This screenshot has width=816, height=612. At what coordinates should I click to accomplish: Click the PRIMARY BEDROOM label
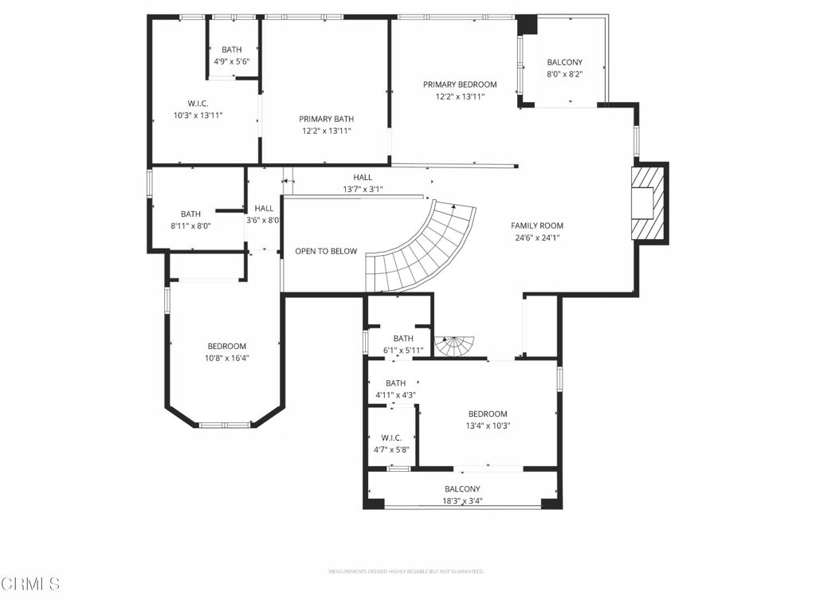460,84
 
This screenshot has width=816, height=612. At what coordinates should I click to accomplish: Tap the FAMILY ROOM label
537,226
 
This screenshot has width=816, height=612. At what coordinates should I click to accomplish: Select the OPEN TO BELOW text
326,251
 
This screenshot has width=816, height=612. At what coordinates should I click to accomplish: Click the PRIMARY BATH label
326,119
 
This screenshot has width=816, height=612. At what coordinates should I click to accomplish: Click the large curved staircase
422,247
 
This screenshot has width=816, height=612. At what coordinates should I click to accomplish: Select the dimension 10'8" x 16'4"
227,358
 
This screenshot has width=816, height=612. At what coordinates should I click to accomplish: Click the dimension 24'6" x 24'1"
537,237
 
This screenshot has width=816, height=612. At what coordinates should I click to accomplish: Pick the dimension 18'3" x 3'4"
462,501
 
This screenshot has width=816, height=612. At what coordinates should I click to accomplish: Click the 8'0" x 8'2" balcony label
564,74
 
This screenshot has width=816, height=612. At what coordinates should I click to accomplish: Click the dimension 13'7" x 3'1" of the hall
363,189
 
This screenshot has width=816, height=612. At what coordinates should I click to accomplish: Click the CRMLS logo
30,584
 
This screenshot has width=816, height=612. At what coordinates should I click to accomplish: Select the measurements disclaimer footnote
406,571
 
